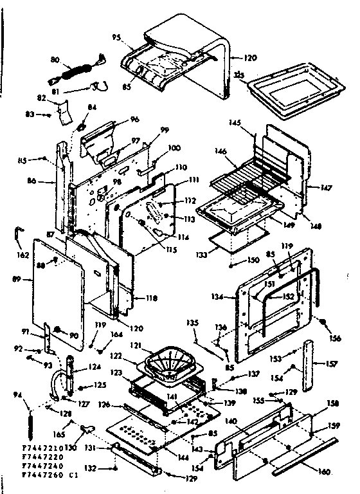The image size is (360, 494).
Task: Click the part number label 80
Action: pyautogui.click(x=55, y=59)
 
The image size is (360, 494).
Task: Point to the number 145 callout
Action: pyautogui.click(x=235, y=123)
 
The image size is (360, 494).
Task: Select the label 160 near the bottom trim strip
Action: pyautogui.click(x=324, y=471)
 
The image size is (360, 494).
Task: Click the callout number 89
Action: pyautogui.click(x=26, y=279)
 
